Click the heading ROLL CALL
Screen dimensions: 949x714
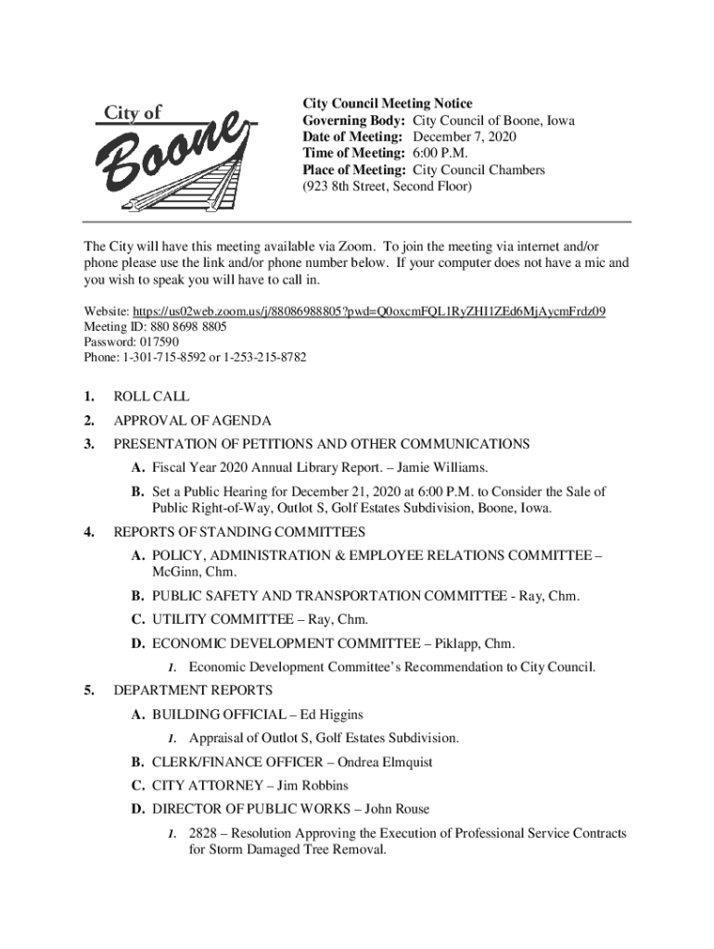pos(151,397)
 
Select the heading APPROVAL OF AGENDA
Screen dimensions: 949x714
pos(192,421)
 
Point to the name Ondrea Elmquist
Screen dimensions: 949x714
pos(385,763)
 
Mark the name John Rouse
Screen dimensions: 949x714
pos(391,810)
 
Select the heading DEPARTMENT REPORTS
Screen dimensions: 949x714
pos(193,690)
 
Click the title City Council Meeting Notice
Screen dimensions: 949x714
pos(388,104)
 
